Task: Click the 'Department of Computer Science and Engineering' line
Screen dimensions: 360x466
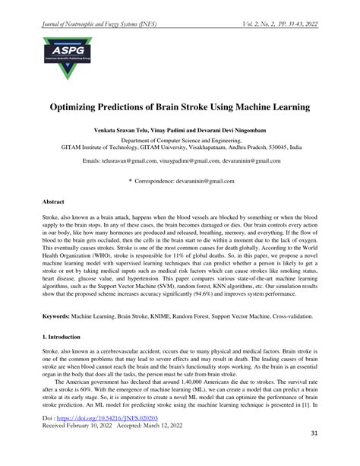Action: [180, 141]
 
